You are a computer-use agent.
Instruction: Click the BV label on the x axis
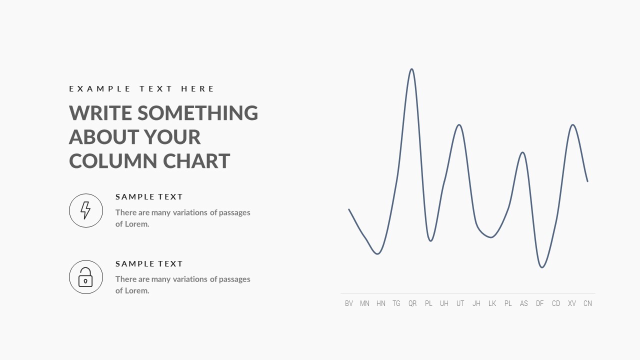(x=349, y=303)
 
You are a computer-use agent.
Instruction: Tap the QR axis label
(x=412, y=303)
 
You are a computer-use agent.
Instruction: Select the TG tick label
(x=396, y=303)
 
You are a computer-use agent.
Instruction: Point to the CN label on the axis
(x=587, y=303)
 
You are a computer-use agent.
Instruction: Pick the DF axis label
(x=539, y=303)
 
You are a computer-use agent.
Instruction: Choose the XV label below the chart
(x=571, y=303)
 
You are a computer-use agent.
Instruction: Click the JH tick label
(x=476, y=303)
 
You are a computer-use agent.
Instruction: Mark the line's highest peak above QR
(x=411, y=69)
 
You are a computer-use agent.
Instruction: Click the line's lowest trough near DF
(x=542, y=267)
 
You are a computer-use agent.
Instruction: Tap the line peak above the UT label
(x=459, y=125)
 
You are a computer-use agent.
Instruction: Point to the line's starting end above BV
(x=349, y=209)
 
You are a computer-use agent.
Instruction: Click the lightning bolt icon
(x=85, y=210)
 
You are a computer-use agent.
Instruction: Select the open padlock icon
(x=85, y=277)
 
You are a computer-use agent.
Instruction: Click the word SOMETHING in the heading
(x=197, y=112)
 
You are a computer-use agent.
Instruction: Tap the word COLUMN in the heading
(x=113, y=161)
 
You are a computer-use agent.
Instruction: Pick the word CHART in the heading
(x=196, y=161)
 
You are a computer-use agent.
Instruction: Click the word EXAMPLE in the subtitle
(x=99, y=89)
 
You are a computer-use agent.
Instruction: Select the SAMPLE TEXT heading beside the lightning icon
(x=149, y=197)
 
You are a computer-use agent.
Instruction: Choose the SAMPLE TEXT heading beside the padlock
(x=149, y=263)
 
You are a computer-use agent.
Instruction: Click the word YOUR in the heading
(x=172, y=137)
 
